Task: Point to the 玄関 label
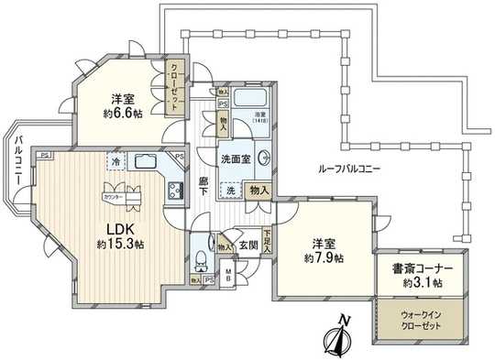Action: (x=248, y=245)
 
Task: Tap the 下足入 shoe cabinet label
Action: (x=267, y=241)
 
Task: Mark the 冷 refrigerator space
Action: (x=115, y=162)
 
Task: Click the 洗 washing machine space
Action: (x=230, y=191)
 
